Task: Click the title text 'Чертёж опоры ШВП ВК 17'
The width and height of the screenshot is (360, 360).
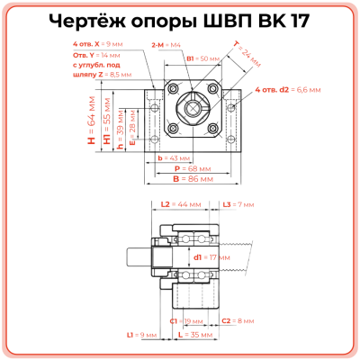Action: (x=180, y=20)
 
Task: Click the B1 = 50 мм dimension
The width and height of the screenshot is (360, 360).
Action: (x=202, y=58)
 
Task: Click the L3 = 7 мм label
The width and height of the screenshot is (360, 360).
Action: (x=238, y=205)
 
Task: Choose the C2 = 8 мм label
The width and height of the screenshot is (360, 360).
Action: (x=238, y=320)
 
